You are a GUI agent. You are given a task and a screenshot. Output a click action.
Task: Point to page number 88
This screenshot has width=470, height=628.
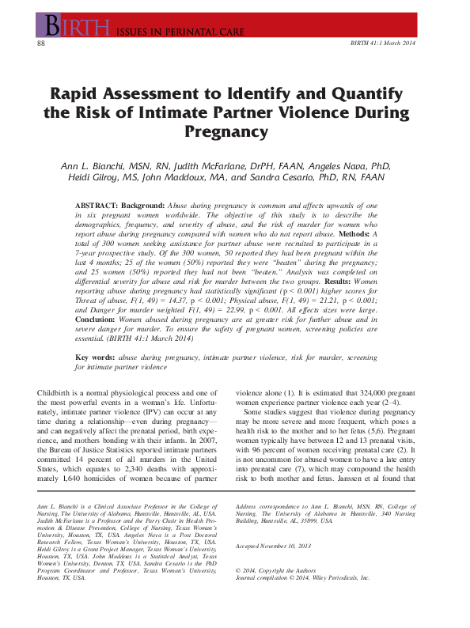pos(41,43)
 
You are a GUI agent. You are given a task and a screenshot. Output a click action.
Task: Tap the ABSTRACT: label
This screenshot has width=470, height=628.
pos(98,205)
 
